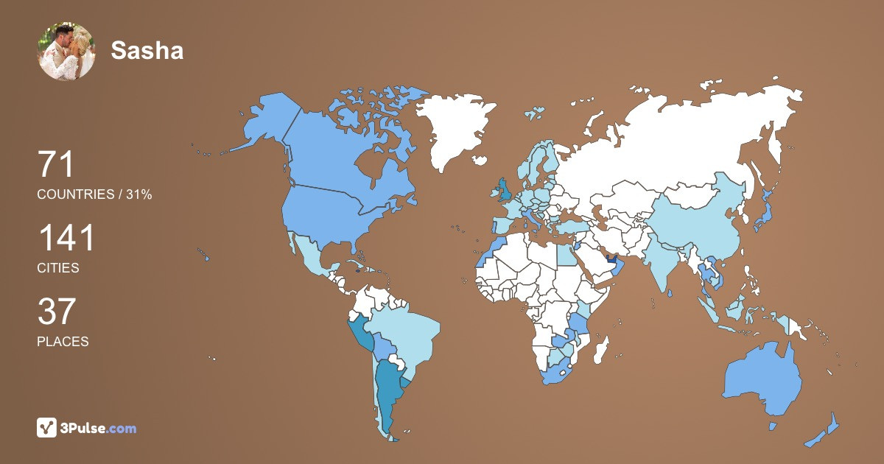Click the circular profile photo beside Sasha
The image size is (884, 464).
66,51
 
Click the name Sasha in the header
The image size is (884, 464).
147,50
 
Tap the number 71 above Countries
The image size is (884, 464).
56,164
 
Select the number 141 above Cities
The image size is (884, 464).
66,239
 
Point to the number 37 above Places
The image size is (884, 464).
57,312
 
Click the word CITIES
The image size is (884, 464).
58,268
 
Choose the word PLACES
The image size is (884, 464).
63,342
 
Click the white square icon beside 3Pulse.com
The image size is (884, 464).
47,428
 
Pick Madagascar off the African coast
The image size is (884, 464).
601,350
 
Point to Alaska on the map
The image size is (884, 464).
265,122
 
